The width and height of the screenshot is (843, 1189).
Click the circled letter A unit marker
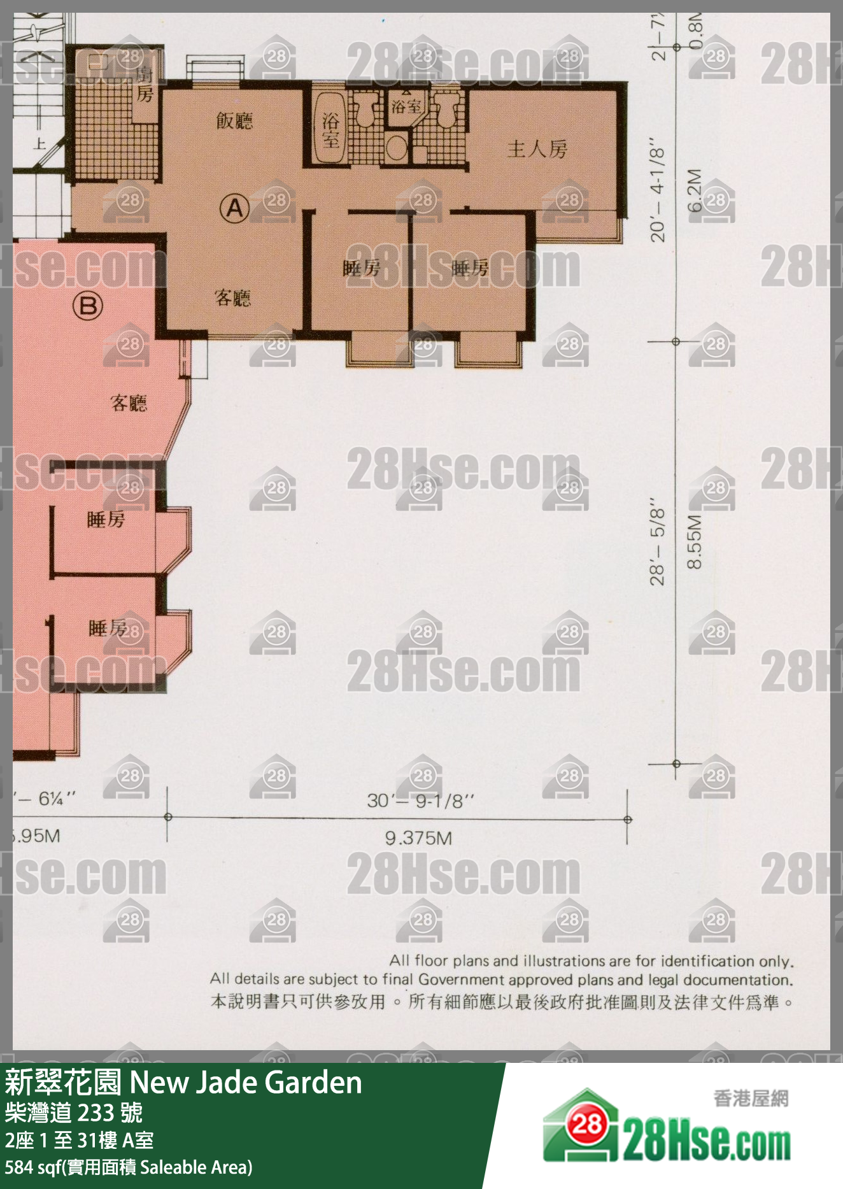click(234, 208)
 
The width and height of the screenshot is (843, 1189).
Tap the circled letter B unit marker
click(88, 306)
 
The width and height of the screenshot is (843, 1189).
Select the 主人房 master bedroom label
click(537, 149)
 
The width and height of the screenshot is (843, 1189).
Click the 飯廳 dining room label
click(234, 120)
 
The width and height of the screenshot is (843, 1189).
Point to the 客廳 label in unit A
click(232, 297)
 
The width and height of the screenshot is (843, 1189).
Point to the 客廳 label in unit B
click(129, 402)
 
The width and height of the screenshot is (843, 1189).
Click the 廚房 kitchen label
click(145, 84)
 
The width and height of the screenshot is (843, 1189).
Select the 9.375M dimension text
click(418, 838)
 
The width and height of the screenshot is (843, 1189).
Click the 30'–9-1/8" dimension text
click(420, 801)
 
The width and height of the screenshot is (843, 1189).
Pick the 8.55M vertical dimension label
click(695, 541)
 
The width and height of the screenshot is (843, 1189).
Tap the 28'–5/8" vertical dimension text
click(658, 546)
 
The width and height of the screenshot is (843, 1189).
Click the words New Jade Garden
click(246, 1083)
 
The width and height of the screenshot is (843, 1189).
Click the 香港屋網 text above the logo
click(751, 1098)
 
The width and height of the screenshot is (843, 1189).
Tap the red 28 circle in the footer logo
click(586, 1125)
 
